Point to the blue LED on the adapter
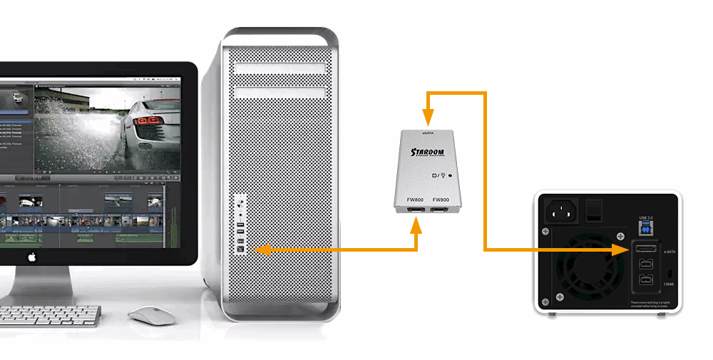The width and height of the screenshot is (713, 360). pos(451,175)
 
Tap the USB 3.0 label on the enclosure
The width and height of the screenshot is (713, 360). pos(645,217)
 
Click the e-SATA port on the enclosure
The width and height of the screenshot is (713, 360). pos(645,250)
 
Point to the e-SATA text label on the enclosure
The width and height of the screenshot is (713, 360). pos(669,251)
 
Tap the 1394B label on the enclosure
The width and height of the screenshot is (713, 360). pos(669,285)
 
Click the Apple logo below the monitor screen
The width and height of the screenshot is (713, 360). pos(31,255)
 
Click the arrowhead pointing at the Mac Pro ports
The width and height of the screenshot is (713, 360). pos(260,250)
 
